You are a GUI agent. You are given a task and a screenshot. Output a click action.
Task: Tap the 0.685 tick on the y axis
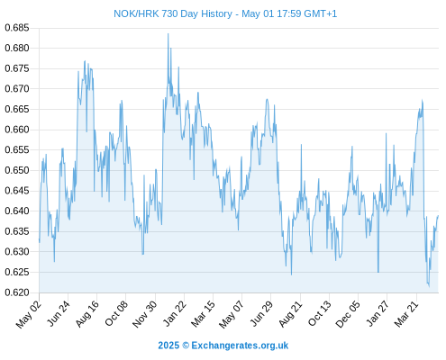17,28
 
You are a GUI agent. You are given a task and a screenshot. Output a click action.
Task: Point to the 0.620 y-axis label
17,292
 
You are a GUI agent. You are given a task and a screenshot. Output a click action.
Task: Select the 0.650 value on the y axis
17,170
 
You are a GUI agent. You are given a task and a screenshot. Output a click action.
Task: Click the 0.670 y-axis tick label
17,89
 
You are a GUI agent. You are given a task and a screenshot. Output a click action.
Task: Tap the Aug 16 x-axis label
86,313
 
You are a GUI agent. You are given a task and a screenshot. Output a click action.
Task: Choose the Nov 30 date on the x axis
145,313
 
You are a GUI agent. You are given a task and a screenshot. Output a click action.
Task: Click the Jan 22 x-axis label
174,313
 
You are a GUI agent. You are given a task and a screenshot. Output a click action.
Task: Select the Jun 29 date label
261,313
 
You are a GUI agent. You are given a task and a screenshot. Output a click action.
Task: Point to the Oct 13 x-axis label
320,313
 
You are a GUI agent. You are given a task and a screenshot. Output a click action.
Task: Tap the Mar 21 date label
406,313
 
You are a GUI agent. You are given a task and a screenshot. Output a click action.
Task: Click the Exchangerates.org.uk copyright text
223,346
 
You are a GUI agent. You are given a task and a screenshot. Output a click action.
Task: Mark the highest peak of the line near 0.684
168,33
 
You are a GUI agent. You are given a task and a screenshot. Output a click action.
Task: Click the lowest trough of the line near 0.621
429,287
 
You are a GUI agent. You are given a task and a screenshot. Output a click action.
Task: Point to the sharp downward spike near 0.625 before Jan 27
378,272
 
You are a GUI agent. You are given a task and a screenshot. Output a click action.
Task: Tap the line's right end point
438,215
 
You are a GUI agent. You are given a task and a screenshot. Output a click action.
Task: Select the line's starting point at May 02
40,240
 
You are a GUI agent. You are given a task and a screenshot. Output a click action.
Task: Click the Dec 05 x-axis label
349,313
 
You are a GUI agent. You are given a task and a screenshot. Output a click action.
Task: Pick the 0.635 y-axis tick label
17,231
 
